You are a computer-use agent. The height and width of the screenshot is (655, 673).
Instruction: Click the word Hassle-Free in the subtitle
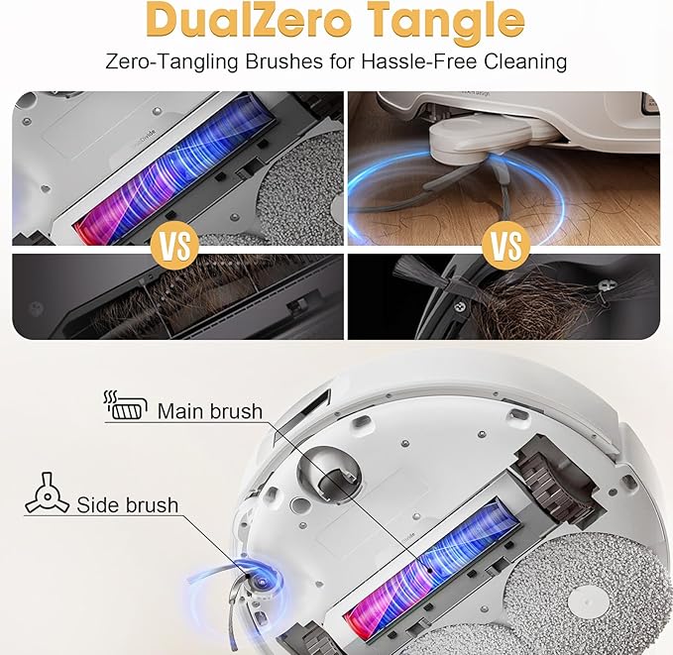pyautogui.click(x=419, y=61)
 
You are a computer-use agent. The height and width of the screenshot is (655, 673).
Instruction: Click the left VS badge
pyautogui.click(x=174, y=246)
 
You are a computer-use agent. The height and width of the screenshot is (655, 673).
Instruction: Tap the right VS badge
pyautogui.click(x=505, y=246)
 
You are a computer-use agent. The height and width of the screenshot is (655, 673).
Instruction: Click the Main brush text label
pyautogui.click(x=210, y=411)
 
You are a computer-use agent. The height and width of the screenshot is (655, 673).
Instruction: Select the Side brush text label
pyautogui.click(x=128, y=504)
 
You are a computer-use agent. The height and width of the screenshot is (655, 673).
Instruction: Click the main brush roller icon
pyautogui.click(x=125, y=405)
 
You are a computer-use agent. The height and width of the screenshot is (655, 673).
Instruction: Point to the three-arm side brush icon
pyautogui.click(x=48, y=494)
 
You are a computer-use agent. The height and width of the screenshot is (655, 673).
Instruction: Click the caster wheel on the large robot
pyautogui.click(x=328, y=475)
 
